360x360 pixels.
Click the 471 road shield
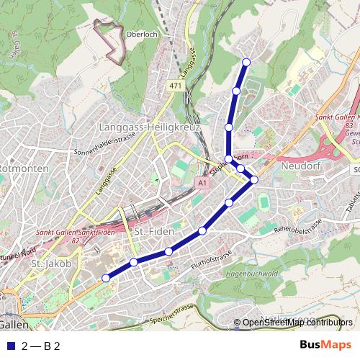pos(175,86)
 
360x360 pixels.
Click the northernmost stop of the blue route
pos(246,62)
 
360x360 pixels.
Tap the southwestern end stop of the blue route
pos(106,278)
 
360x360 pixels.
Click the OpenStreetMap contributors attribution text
pos(297,323)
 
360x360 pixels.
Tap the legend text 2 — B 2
pos(40,346)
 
